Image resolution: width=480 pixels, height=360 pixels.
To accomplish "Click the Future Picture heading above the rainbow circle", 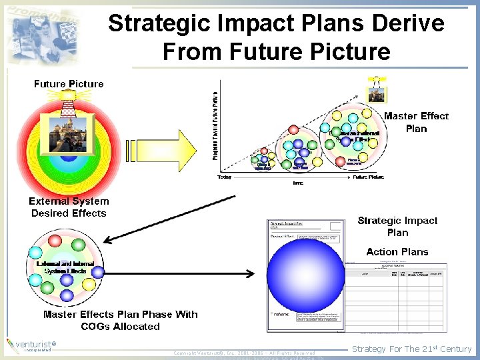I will point(69,84).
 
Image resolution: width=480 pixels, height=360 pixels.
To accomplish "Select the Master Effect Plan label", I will point(416,122).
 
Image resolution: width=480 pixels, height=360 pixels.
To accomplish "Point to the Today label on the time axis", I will point(225,177).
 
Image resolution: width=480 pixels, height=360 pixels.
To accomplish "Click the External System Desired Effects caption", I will point(69,207).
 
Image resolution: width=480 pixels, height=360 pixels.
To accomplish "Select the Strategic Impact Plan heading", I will point(397,226).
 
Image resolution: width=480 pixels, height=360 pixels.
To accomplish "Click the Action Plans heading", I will point(397,251).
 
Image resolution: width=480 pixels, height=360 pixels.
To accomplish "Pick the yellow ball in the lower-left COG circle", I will point(89,285).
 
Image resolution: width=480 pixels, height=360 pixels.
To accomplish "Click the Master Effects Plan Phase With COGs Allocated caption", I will point(120,320).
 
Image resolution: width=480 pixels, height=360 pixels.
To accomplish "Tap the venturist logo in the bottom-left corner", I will point(30,345).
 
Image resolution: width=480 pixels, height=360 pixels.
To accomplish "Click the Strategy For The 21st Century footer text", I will point(411,349).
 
